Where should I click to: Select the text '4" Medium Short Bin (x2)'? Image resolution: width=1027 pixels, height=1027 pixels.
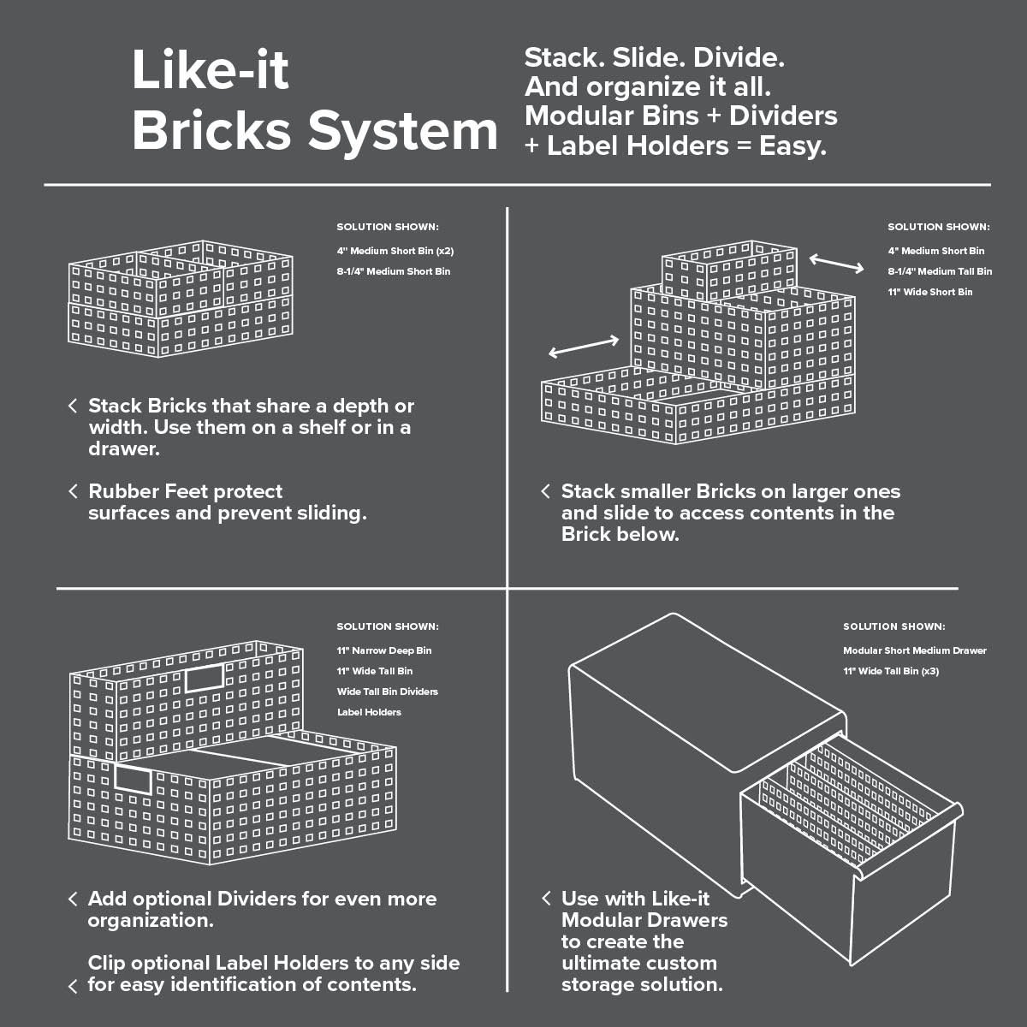[395, 251]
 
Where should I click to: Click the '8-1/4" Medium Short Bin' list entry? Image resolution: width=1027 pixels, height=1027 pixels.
[393, 271]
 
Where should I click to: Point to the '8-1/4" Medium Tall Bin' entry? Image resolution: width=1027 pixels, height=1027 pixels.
[940, 271]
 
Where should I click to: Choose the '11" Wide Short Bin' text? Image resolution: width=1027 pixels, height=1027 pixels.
[929, 292]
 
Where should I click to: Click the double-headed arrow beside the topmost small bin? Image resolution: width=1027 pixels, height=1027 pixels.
[837, 263]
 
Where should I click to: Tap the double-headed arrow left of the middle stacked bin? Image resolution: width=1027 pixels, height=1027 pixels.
[584, 347]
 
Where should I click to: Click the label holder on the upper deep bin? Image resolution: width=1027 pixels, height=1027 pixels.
[205, 679]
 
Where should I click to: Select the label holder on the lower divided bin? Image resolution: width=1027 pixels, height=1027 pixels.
[133, 779]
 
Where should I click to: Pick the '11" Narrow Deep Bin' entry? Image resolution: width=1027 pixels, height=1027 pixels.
[383, 650]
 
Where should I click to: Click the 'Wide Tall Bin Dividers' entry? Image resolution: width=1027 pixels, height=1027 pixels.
[387, 692]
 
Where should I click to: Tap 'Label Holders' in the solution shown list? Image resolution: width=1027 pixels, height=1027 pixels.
[369, 712]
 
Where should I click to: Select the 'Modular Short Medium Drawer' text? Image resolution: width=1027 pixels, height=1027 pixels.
[914, 650]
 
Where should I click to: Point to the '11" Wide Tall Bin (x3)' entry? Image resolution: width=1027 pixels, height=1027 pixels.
[890, 671]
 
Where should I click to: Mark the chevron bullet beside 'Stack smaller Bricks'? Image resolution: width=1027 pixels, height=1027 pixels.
[545, 491]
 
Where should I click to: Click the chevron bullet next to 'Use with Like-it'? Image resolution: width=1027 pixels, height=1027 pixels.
[545, 898]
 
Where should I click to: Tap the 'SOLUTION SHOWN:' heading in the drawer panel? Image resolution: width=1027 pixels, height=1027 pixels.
[893, 626]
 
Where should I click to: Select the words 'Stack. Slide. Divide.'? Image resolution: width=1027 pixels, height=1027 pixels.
[654, 58]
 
